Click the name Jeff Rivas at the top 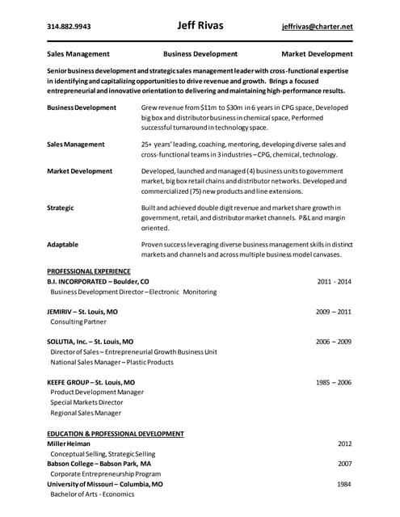click(200, 25)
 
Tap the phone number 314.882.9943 click(69, 27)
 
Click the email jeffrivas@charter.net click(318, 27)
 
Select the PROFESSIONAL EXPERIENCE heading click(89, 271)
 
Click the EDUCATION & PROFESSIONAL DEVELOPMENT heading click(116, 434)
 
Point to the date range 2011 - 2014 click(334, 281)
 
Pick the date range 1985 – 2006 click(333, 382)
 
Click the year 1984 click(344, 484)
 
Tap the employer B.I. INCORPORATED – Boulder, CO click(98, 281)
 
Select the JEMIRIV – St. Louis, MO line click(82, 311)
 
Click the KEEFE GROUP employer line click(91, 382)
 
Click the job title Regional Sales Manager click(86, 413)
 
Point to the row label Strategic click(61, 208)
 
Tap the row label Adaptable click(63, 244)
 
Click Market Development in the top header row click(317, 54)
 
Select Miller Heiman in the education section click(69, 443)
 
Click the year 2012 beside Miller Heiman click(344, 443)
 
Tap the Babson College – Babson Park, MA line click(99, 464)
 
